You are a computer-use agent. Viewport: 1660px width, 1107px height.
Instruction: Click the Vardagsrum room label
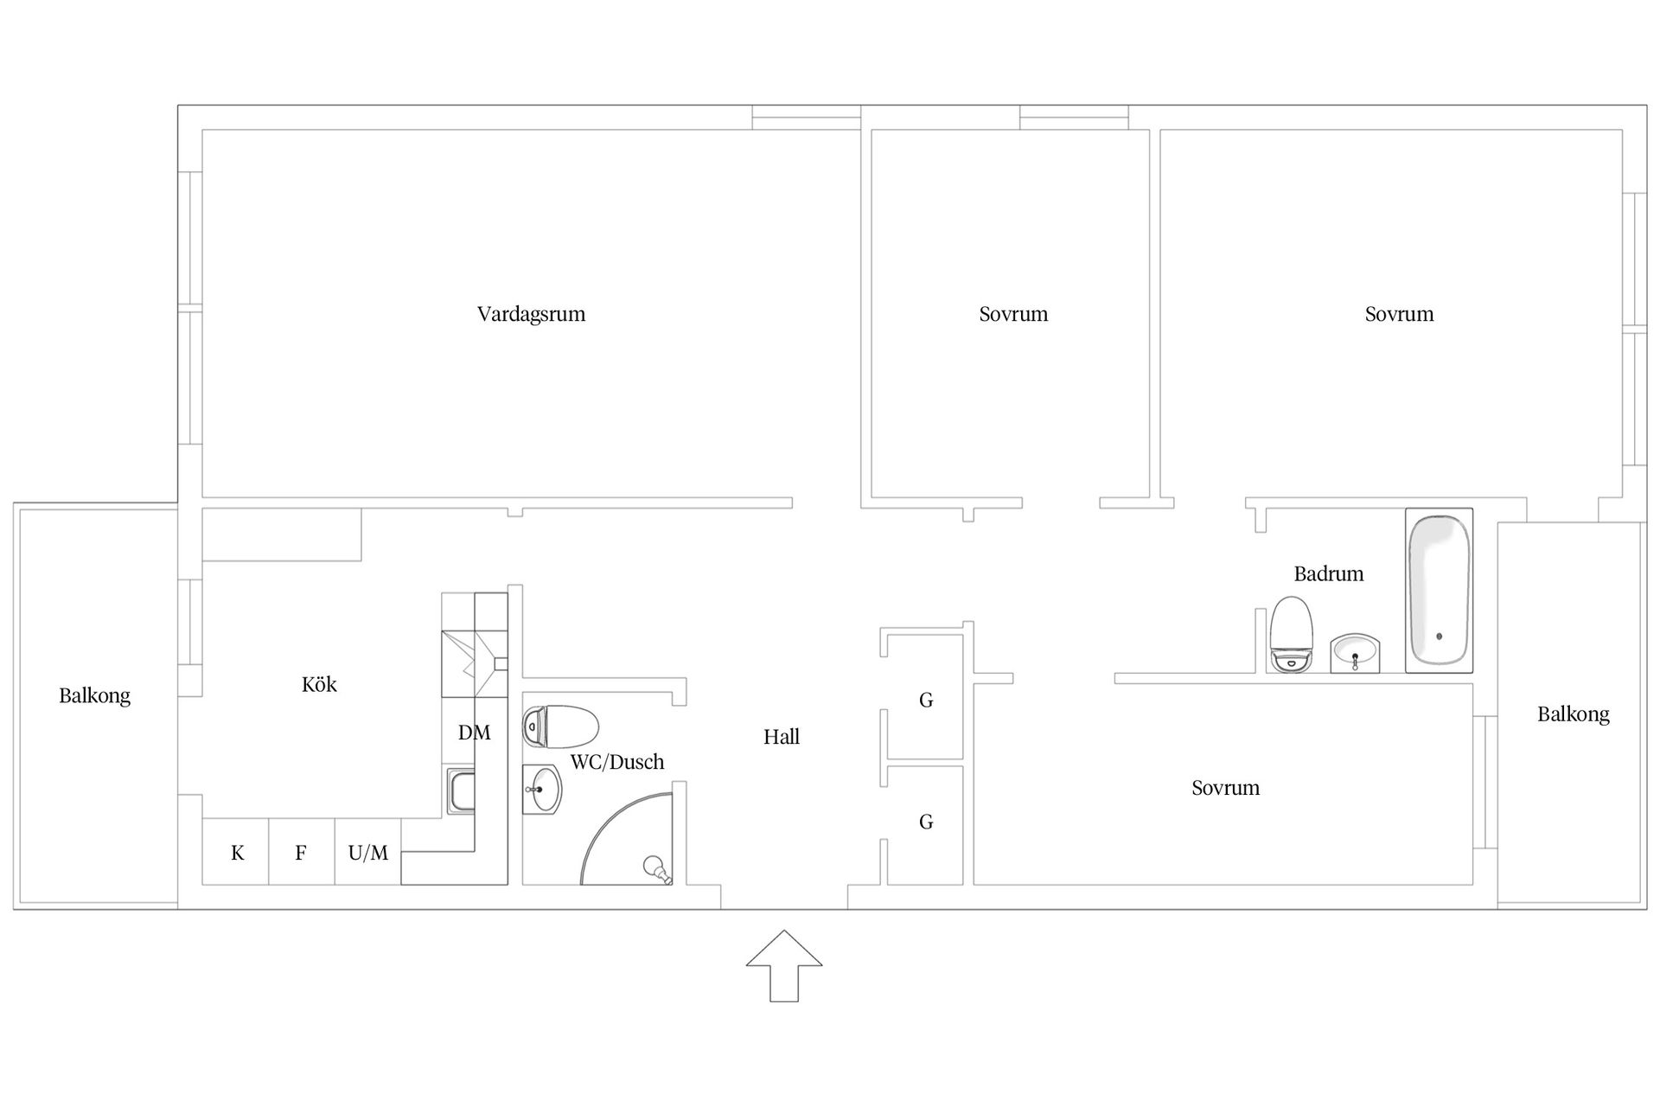coord(531,314)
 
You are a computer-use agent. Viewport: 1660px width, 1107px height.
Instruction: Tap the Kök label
coord(319,684)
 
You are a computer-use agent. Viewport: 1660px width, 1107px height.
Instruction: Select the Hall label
coord(782,737)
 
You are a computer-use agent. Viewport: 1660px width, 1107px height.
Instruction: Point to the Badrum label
coord(1329,573)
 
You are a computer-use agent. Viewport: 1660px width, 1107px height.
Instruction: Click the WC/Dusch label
coord(617,762)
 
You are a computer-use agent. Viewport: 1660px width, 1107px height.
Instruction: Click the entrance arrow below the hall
coord(784,966)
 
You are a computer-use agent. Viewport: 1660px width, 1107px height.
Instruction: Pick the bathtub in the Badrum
coord(1439,591)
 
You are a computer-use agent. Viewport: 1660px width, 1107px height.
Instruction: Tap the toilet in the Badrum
coord(1291,635)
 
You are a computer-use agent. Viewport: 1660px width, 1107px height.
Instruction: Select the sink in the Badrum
coord(1355,653)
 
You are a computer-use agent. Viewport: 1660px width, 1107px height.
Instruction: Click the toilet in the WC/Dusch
coord(561,726)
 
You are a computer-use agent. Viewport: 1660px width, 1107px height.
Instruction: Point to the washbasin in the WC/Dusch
coord(542,790)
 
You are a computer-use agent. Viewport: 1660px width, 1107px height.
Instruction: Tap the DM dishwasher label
coord(475,733)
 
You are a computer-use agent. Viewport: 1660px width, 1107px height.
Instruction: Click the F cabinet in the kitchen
coord(302,852)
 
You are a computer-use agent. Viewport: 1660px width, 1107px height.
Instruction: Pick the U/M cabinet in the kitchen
coord(368,852)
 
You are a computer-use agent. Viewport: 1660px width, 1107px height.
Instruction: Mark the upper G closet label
coord(926,701)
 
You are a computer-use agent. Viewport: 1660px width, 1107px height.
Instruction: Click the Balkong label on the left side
coord(95,696)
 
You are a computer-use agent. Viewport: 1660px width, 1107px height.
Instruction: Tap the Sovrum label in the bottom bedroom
coord(1225,788)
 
